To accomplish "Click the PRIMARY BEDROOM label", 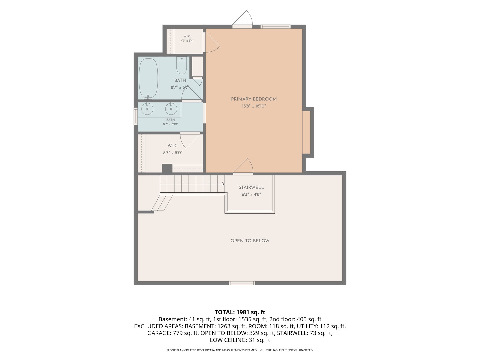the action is click(x=254, y=99).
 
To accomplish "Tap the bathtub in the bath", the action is click(x=148, y=78).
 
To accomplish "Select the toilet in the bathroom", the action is click(x=182, y=66).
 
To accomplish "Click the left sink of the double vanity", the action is click(x=147, y=109).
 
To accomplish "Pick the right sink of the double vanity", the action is click(x=171, y=109).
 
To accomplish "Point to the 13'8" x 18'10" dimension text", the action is click(x=254, y=106).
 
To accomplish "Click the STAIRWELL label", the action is click(x=251, y=187).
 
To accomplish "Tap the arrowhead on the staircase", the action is click(x=223, y=184).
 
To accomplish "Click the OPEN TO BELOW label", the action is click(x=250, y=241).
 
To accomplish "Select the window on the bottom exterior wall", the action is click(x=242, y=283).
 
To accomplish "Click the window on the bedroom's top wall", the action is click(x=275, y=27).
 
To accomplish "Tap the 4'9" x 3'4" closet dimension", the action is click(x=187, y=41).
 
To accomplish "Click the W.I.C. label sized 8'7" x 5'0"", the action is click(x=173, y=146).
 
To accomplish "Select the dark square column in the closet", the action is click(x=167, y=169).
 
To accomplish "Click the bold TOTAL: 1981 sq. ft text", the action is click(x=240, y=312).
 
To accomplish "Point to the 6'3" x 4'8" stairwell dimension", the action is click(x=251, y=194).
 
